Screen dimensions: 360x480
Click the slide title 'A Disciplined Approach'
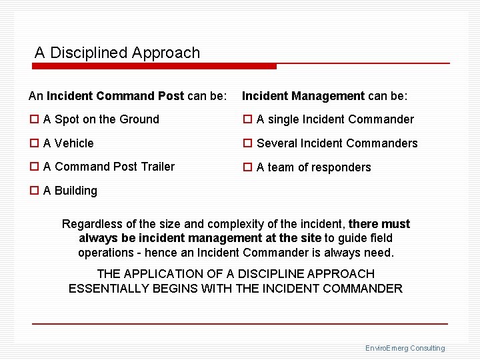point(117,53)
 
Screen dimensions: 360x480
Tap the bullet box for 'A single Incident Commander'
point(247,120)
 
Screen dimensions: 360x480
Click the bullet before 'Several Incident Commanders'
point(247,143)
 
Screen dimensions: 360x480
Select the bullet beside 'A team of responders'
point(247,167)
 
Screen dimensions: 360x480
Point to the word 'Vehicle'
point(74,143)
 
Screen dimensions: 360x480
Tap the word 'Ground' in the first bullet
point(139,120)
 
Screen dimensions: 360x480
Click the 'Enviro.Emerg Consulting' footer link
point(405,348)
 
